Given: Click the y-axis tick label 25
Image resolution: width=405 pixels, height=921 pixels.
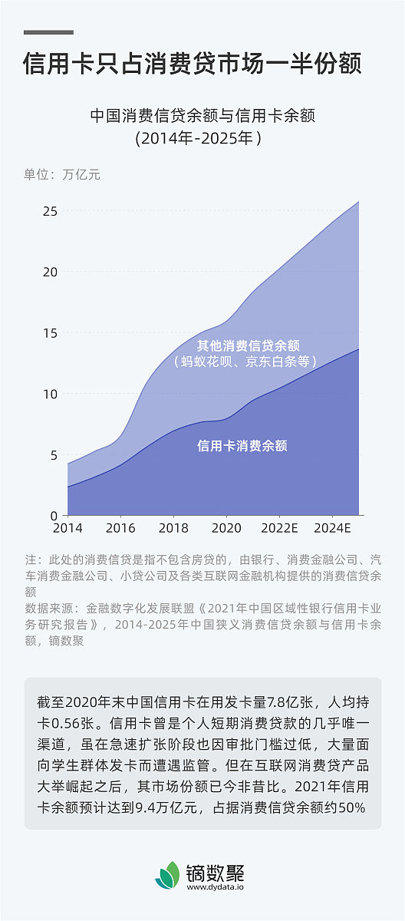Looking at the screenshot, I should click(x=50, y=210).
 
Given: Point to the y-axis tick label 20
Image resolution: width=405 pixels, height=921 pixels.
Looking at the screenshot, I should click(x=50, y=272).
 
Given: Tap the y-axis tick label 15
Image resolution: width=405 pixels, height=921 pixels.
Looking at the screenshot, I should click(x=50, y=332).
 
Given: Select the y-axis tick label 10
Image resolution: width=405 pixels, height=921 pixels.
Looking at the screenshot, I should click(x=50, y=394).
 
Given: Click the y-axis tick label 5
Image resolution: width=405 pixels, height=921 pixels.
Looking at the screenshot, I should click(x=53, y=454).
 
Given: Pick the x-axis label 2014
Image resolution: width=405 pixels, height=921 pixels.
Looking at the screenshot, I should click(x=67, y=529).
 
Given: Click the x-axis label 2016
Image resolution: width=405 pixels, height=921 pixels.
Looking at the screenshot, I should click(x=120, y=529).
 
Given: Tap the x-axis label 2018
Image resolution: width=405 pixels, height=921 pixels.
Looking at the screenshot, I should click(x=173, y=529).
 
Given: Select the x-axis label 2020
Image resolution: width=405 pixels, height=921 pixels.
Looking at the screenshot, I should click(x=226, y=529).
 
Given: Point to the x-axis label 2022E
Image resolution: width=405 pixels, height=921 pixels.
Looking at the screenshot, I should click(x=279, y=529).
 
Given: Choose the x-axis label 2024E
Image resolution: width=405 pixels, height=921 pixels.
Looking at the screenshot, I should click(x=332, y=529).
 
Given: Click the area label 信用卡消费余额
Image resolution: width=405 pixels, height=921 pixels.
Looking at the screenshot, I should click(x=242, y=445).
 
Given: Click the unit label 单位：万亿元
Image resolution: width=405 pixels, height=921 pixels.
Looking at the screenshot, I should click(x=62, y=174).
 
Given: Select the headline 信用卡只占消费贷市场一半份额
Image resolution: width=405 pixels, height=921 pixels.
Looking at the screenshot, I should click(x=193, y=63).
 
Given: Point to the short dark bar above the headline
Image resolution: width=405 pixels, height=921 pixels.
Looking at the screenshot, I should click(x=48, y=32).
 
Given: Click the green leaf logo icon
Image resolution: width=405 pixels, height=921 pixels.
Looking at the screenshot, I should click(x=167, y=875).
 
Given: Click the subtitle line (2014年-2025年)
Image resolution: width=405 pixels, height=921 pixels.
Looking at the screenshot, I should click(x=199, y=139).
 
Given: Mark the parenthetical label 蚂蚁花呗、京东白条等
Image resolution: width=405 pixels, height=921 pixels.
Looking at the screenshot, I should click(x=245, y=361).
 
